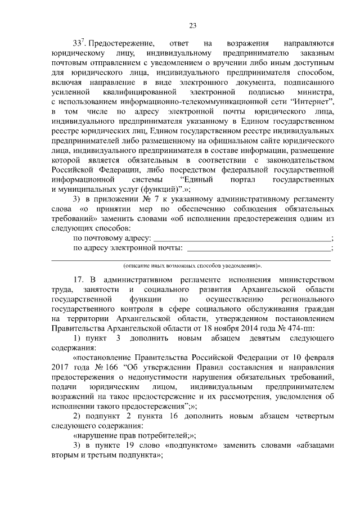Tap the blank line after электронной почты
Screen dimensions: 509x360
[259, 248]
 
